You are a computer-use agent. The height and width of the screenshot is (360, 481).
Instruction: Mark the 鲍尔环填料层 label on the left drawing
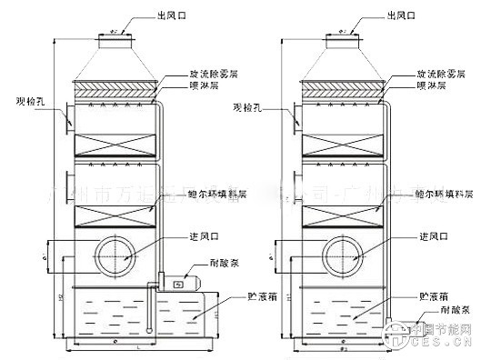pos(213,192)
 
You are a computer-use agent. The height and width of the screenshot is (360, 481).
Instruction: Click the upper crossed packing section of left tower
pos(115,145)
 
